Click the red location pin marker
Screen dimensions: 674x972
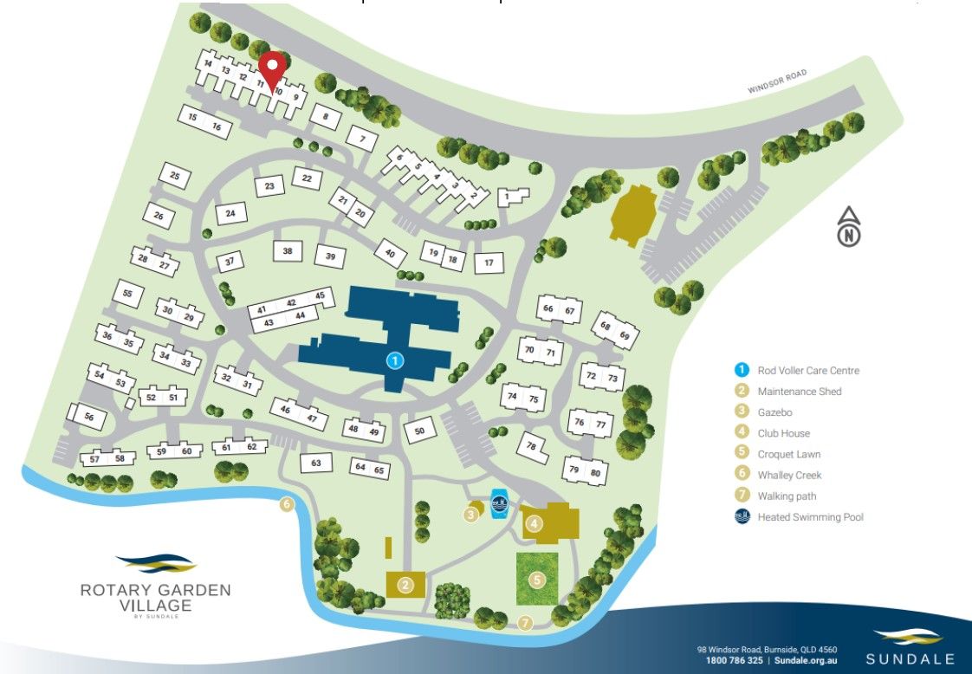pyautogui.click(x=274, y=70)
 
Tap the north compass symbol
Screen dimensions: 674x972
pyautogui.click(x=850, y=228)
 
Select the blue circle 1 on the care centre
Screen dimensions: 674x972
pyautogui.click(x=394, y=360)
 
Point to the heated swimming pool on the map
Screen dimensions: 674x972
pyautogui.click(x=500, y=504)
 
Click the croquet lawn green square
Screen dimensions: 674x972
pyautogui.click(x=537, y=579)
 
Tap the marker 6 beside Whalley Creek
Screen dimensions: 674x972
pyautogui.click(x=288, y=505)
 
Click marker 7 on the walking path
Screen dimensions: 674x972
pyautogui.click(x=524, y=623)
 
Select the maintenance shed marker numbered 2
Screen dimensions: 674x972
pyautogui.click(x=404, y=585)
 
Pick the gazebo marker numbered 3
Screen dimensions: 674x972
pyautogui.click(x=471, y=515)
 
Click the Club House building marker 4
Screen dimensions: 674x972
pyautogui.click(x=535, y=523)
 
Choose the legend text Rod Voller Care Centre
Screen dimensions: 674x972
pyautogui.click(x=807, y=371)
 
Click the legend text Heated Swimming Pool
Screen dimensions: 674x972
pyautogui.click(x=810, y=517)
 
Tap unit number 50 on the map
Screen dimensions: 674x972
pyautogui.click(x=419, y=431)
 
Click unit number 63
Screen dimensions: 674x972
pyautogui.click(x=316, y=463)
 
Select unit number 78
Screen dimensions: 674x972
pyautogui.click(x=532, y=446)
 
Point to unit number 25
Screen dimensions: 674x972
pyautogui.click(x=175, y=177)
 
